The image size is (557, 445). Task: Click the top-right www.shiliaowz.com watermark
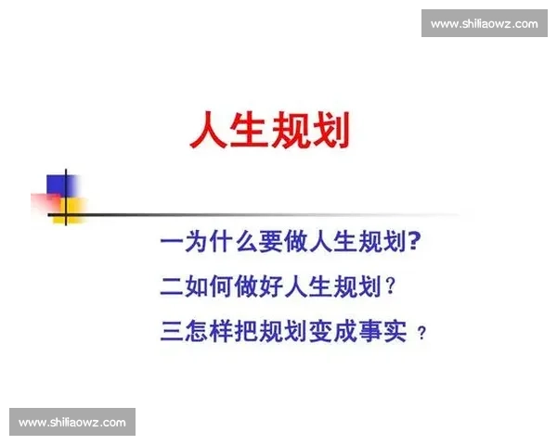click(x=484, y=23)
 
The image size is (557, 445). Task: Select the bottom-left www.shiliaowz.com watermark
click(x=73, y=423)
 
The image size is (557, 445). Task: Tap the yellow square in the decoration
click(x=72, y=209)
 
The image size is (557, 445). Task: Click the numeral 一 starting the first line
click(x=172, y=244)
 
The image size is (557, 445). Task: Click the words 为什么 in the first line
click(x=220, y=244)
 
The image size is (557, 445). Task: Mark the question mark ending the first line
click(x=416, y=244)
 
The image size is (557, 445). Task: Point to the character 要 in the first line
click(x=269, y=244)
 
